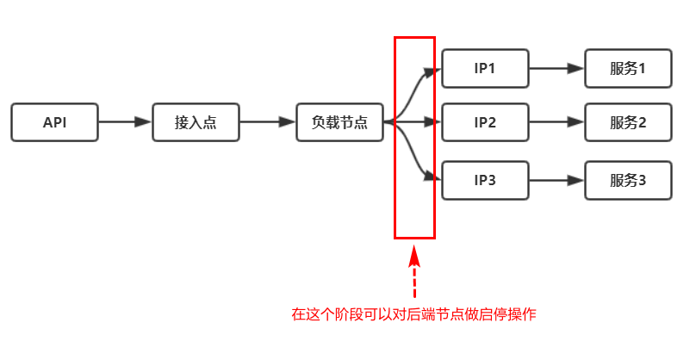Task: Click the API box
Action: click(x=54, y=122)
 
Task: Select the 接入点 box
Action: click(x=196, y=122)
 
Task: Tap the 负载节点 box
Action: click(x=339, y=122)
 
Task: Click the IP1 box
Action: click(x=485, y=68)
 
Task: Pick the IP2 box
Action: click(x=485, y=122)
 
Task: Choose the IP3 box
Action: click(x=485, y=180)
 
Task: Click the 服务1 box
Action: click(x=628, y=68)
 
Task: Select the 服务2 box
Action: click(x=628, y=122)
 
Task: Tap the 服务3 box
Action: click(x=628, y=180)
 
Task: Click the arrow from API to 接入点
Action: click(x=125, y=122)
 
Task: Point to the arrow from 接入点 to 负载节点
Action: click(x=267, y=122)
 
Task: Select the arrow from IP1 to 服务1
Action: click(x=556, y=68)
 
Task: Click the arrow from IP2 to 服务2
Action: click(x=556, y=122)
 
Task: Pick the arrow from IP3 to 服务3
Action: click(x=556, y=180)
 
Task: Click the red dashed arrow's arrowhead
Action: click(x=414, y=256)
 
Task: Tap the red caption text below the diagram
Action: click(x=413, y=314)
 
